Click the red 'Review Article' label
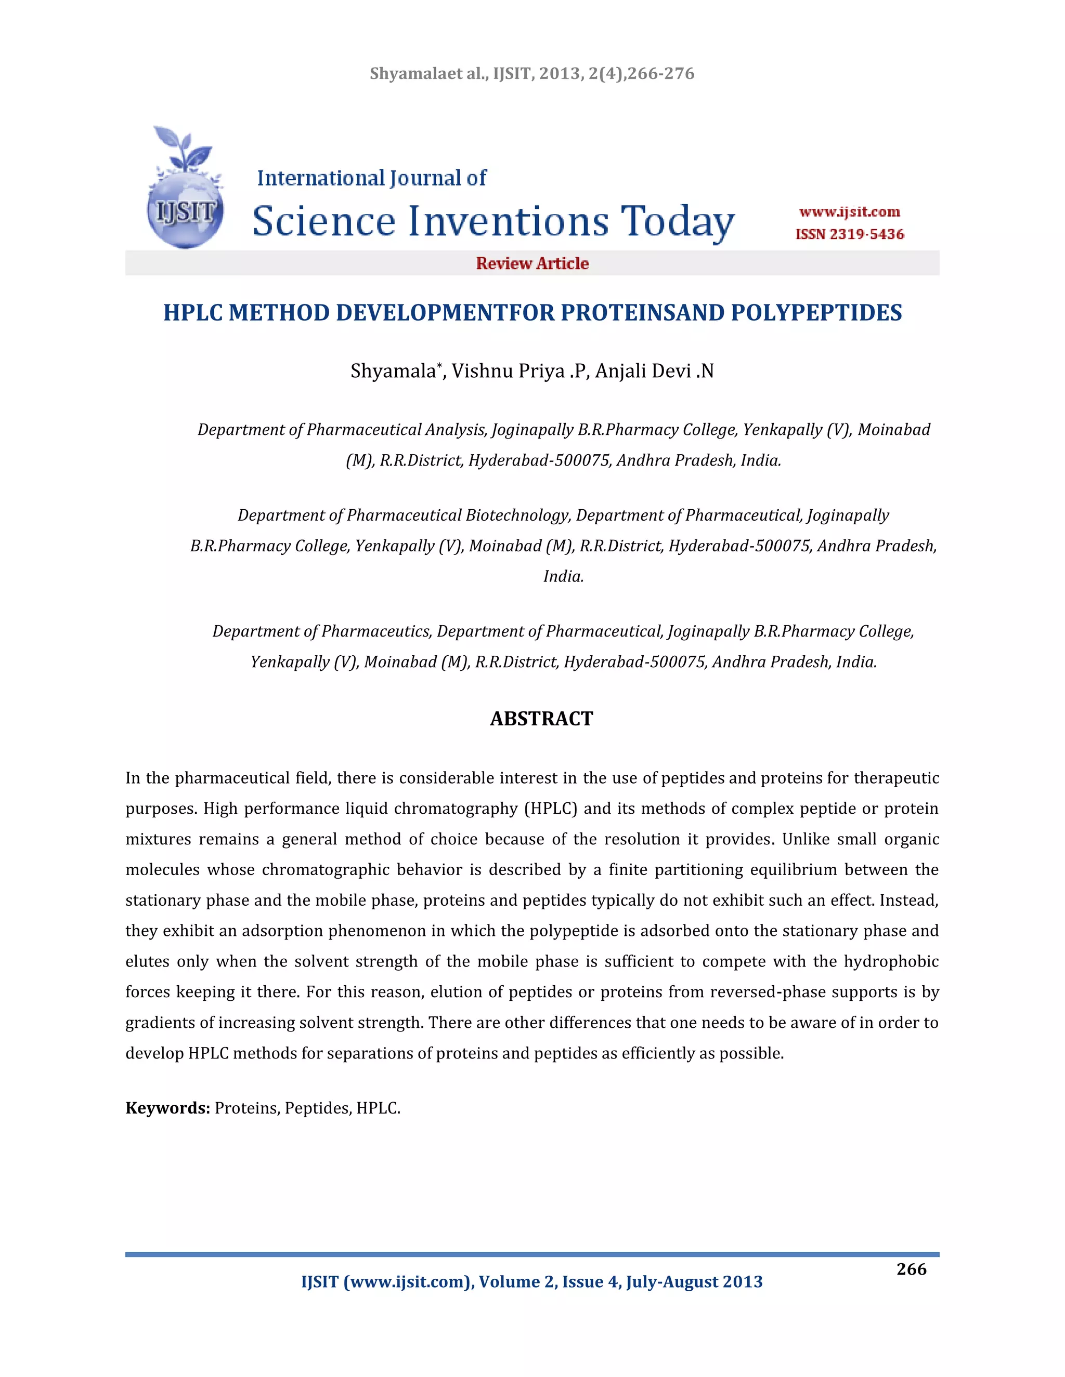[x=532, y=263]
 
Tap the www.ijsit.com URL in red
[x=849, y=212]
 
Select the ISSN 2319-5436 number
[x=849, y=234]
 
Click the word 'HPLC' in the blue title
[x=192, y=313]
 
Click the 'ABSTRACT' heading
[x=541, y=718]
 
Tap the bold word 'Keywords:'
[x=167, y=1108]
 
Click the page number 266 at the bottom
[x=911, y=1269]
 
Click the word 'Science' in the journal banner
[x=323, y=221]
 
